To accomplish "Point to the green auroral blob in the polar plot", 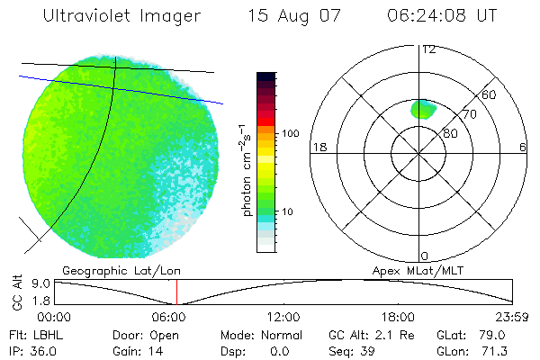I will coord(422,110).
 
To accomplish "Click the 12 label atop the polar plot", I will coord(427,49).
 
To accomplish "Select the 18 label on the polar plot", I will coord(318,147).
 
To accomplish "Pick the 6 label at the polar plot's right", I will coord(523,147).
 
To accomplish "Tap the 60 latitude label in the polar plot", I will coord(490,94).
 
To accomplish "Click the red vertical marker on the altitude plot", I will coord(176,292).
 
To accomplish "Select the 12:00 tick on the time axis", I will coord(283,317).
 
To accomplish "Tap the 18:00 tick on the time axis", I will coord(398,317).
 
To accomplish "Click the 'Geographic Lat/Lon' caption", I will coord(108,269).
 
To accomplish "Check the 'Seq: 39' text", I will coord(346,350).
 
